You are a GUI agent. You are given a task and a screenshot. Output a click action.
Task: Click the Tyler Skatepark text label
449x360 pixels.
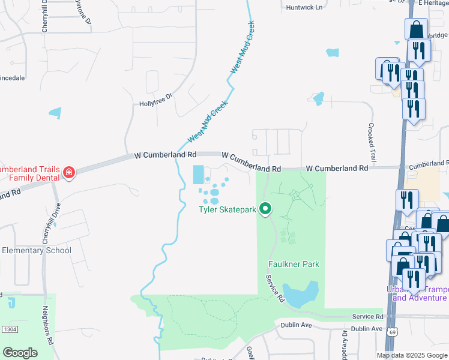point(228,209)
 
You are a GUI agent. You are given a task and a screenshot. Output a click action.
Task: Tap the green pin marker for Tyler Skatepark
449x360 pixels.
point(265,209)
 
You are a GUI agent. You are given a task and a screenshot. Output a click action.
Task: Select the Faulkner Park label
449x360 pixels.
point(294,264)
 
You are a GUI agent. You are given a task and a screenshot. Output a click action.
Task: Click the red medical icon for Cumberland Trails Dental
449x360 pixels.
point(69,173)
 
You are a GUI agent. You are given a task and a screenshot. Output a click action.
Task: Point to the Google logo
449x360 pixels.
point(20,353)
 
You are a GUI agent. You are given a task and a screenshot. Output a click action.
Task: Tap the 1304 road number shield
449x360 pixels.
point(8,329)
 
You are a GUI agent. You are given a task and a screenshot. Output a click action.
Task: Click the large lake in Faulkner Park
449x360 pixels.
point(301,293)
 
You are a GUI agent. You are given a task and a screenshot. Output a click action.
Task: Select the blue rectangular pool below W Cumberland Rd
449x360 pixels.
point(197,175)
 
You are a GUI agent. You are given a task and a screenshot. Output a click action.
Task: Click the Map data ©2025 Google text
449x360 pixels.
point(412,355)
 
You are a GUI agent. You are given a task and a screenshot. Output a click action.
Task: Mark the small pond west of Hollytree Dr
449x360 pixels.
point(55,112)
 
